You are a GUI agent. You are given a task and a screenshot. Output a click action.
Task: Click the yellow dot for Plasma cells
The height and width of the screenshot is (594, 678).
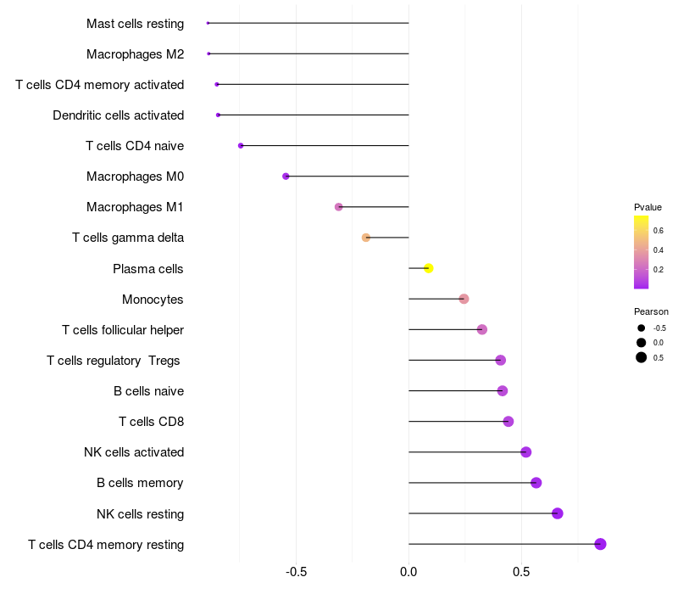[x=429, y=268]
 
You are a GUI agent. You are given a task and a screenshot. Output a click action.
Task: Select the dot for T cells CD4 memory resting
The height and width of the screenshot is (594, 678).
[x=600, y=544]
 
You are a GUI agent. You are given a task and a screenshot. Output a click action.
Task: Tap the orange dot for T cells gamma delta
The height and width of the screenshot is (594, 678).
[x=366, y=238]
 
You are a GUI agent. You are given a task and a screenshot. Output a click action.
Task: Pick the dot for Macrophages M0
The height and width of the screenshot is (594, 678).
[x=286, y=177]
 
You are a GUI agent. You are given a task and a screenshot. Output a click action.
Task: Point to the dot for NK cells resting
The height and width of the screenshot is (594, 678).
[x=557, y=513]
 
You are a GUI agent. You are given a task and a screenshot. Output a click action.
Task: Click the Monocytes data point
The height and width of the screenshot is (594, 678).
[x=464, y=299]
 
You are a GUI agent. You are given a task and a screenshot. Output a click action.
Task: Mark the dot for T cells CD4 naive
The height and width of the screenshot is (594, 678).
[x=241, y=146]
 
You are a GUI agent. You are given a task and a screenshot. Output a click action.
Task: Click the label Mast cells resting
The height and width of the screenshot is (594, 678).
[x=135, y=24]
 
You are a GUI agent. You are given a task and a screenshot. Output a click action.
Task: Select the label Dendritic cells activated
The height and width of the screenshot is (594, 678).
[x=118, y=115]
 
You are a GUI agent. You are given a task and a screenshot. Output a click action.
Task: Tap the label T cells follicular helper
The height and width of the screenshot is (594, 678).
[x=123, y=330]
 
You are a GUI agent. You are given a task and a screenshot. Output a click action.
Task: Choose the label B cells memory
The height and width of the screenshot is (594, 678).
[x=140, y=483]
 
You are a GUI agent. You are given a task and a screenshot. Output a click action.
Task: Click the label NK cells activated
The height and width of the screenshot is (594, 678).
[x=134, y=452]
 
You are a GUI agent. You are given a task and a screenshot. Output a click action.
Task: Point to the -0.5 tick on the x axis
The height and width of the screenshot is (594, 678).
[x=296, y=572]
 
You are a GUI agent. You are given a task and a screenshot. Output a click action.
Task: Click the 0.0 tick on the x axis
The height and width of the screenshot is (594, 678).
[x=408, y=572]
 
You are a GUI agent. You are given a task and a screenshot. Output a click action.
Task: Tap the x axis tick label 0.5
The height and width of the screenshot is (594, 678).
[x=521, y=572]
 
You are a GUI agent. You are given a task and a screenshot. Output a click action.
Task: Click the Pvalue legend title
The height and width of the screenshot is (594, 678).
[x=647, y=207]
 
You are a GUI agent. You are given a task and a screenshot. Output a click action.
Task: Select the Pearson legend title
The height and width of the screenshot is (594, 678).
[x=651, y=311]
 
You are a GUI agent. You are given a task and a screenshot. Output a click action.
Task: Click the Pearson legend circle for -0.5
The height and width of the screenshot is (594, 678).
[x=642, y=328]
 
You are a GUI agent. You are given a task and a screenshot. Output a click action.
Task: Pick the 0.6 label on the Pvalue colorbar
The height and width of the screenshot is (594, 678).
[x=658, y=230]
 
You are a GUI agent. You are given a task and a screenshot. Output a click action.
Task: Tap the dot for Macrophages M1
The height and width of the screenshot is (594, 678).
[x=339, y=207]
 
